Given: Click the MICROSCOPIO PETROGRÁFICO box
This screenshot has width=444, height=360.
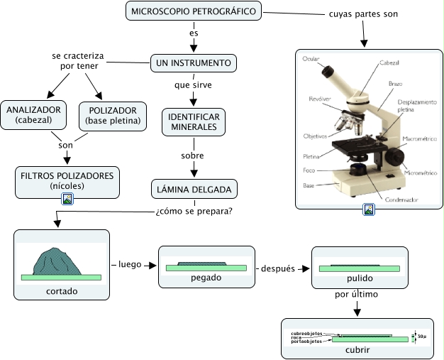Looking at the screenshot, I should [x=193, y=11].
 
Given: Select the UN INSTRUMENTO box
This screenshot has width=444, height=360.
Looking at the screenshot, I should [x=193, y=64].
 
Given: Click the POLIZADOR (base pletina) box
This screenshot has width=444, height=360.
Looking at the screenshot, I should [x=113, y=116].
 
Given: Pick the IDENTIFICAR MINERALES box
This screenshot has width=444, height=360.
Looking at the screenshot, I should [x=193, y=121].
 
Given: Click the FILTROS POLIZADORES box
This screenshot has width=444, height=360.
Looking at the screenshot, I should [x=67, y=180].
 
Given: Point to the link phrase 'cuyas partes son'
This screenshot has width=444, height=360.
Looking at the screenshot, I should [x=363, y=14].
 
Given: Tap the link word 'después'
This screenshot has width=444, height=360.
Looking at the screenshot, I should [x=278, y=268].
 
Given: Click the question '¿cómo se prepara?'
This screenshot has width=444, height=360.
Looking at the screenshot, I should [x=194, y=211].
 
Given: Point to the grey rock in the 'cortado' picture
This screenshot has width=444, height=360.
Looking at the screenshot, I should [x=54, y=260].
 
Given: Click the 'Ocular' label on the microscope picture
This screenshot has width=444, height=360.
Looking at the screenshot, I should [x=310, y=58].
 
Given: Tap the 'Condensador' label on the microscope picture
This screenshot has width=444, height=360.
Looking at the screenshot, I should [x=401, y=200].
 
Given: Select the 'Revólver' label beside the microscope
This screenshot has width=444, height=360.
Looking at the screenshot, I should [x=319, y=99].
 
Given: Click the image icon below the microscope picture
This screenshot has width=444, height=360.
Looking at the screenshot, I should [x=369, y=209].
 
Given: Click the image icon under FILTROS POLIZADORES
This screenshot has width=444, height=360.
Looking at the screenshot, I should [x=67, y=200].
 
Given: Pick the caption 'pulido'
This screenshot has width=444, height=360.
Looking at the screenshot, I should [x=360, y=279].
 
